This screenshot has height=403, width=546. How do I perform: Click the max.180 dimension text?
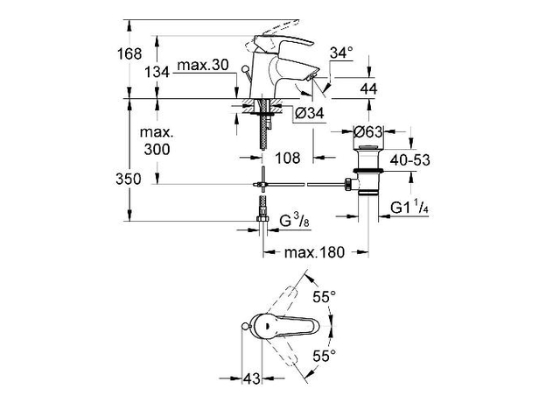(315, 252)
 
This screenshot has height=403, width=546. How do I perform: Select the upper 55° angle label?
(325, 298)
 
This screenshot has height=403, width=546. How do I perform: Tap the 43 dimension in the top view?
(252, 379)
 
